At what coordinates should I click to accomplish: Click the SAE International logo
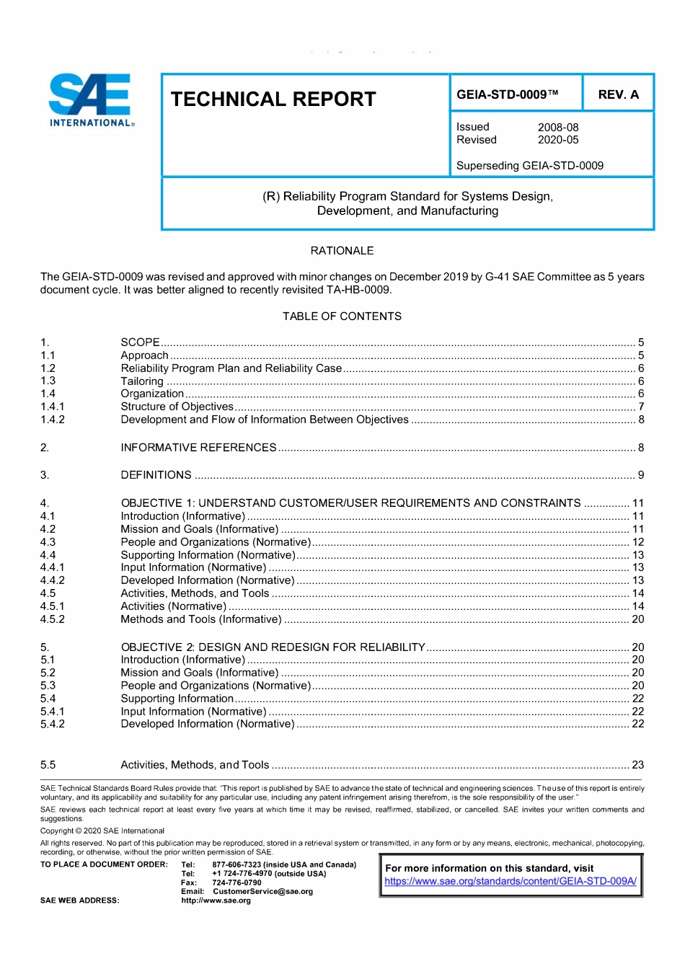(91, 100)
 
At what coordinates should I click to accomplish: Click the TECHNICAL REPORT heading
(273, 99)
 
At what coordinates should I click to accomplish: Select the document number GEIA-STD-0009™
(508, 94)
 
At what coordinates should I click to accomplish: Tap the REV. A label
(618, 94)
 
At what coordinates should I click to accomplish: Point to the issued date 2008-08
(558, 127)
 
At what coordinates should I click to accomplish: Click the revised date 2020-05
(558, 140)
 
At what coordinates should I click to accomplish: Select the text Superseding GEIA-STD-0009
(530, 166)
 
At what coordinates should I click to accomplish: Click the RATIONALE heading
(342, 251)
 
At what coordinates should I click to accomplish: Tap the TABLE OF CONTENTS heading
(342, 317)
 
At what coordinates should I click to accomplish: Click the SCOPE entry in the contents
(140, 342)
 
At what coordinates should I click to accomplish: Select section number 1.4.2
(53, 420)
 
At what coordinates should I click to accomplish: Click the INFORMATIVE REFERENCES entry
(198, 448)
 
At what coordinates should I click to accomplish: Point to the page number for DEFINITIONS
(640, 475)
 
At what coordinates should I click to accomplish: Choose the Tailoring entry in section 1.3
(142, 381)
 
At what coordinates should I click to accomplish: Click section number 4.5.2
(53, 619)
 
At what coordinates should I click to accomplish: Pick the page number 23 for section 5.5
(637, 765)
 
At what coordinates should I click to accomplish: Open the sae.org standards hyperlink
(510, 881)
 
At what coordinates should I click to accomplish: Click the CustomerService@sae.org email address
(262, 891)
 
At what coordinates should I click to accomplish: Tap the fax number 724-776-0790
(237, 882)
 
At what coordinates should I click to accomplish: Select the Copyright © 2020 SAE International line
(102, 831)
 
